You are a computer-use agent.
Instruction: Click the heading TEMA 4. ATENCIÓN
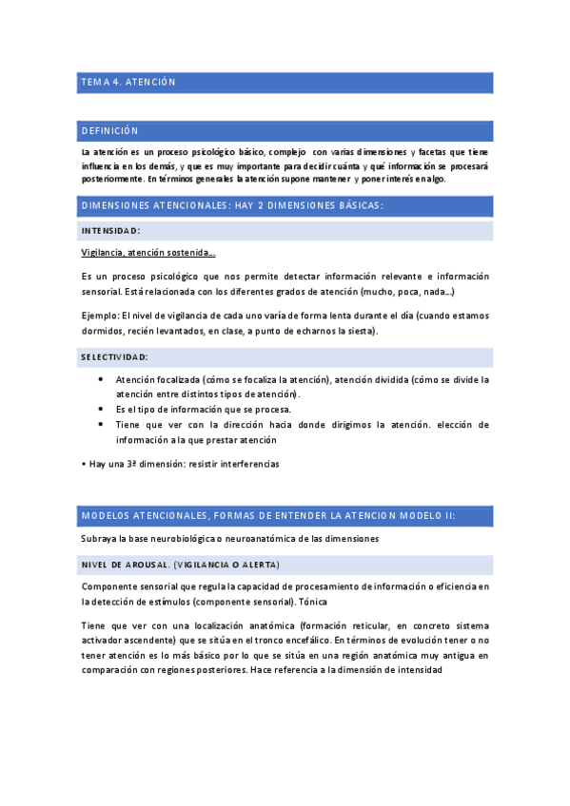point(128,83)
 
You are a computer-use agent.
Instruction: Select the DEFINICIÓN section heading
point(110,131)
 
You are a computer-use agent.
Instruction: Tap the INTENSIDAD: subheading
point(111,231)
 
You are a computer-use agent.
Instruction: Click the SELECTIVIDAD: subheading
point(115,357)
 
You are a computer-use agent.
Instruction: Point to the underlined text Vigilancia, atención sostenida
point(147,253)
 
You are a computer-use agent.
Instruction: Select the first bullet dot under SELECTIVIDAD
point(102,379)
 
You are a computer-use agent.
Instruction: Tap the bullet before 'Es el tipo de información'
point(102,410)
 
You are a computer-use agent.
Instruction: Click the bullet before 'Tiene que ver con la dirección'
point(102,425)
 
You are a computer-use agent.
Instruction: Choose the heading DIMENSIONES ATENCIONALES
point(152,205)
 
